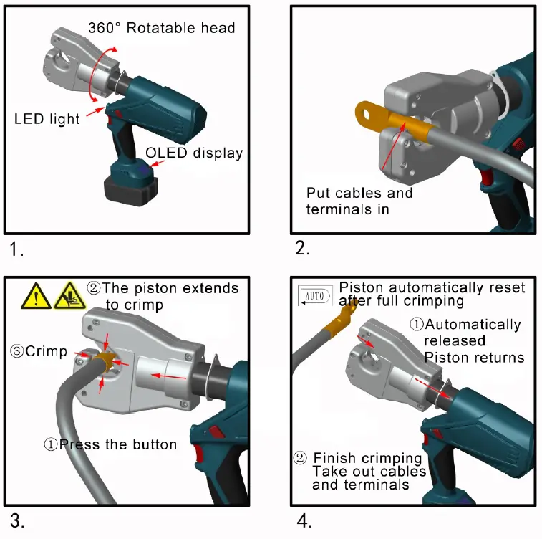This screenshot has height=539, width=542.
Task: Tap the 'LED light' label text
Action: [47, 118]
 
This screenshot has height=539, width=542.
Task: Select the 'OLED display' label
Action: [194, 153]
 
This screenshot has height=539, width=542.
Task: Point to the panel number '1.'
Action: [17, 250]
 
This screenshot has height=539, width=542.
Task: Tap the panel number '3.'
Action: [18, 521]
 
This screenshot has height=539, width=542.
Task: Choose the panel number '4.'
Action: [304, 521]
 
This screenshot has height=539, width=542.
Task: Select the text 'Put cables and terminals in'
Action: [359, 201]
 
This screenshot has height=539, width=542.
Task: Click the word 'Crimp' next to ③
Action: [47, 352]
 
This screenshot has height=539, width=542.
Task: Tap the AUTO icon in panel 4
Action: [314, 295]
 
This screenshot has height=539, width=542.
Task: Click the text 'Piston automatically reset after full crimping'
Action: [432, 294]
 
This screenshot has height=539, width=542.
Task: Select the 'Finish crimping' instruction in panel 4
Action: [368, 458]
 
